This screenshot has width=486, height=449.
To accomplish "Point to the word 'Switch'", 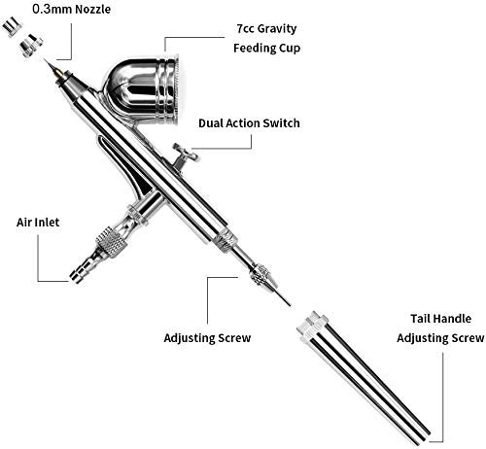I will point(278,123).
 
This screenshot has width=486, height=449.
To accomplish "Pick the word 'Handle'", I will point(450,318).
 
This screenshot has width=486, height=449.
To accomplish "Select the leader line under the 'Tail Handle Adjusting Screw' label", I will point(446,389).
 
